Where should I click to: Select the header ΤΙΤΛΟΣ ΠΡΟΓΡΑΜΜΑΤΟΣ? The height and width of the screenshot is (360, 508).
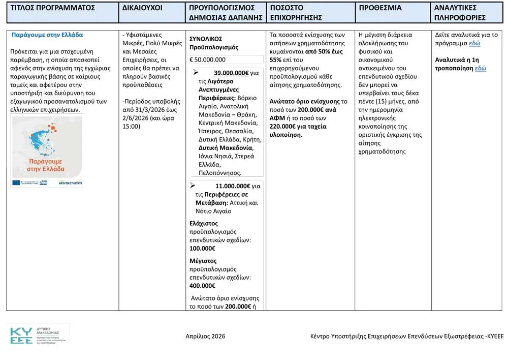coord(53,8)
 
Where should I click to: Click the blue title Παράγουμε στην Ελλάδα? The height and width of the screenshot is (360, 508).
coord(47,35)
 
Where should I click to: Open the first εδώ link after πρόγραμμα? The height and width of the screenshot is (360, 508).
coord(474,43)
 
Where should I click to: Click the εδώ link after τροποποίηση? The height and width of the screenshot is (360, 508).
coord(480,68)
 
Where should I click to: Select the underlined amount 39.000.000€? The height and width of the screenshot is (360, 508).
coord(231,73)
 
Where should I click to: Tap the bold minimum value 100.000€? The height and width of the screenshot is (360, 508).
coord(202,248)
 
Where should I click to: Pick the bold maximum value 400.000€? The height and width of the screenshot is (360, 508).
coord(202,286)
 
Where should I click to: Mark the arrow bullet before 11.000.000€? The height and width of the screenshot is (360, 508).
coord(193,186)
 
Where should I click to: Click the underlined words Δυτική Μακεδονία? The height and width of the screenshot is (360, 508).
coord(226,147)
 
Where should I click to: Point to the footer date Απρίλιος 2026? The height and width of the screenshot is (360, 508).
coord(205,336)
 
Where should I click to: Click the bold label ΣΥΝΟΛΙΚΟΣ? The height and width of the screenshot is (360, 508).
coord(206,39)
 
